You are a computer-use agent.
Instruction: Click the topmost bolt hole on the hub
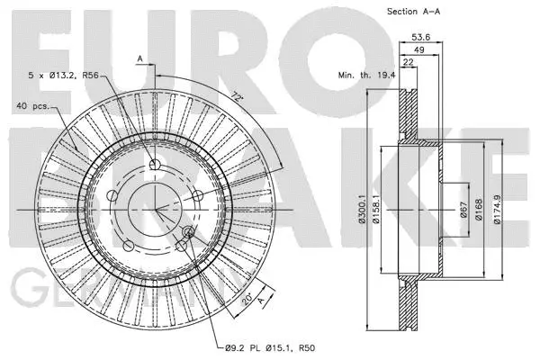coord(155,164)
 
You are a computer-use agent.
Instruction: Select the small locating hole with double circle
coord(187,234)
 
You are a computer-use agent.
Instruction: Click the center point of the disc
coord(155,210)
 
